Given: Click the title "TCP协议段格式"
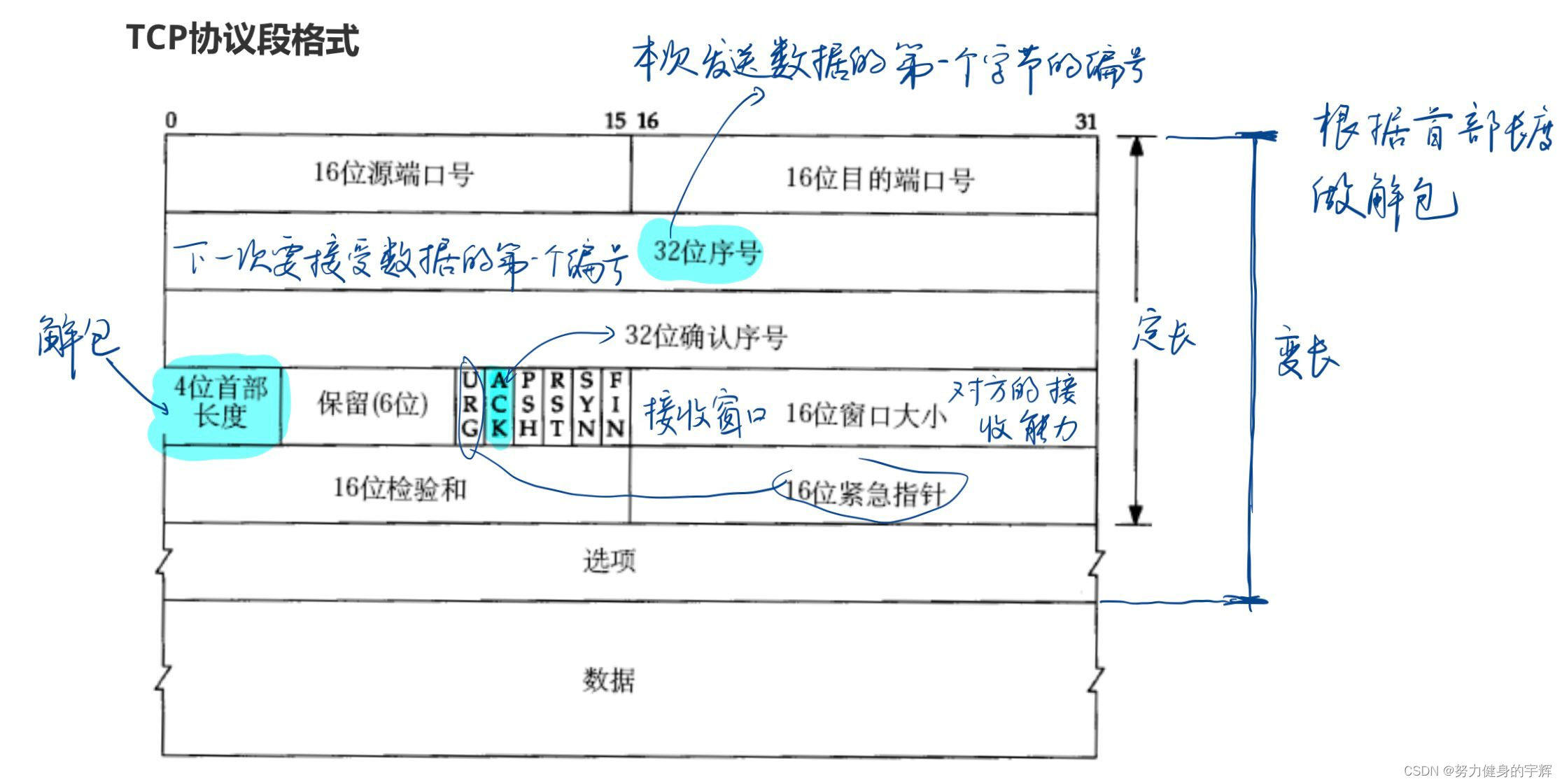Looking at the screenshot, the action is (x=242, y=39).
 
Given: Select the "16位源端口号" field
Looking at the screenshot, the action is (x=393, y=174).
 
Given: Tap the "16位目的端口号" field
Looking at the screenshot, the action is (x=880, y=179).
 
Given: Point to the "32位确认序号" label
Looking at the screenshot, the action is (x=705, y=337).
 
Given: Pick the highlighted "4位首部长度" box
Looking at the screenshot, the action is (x=220, y=403).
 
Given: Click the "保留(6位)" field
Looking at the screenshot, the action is (x=372, y=404).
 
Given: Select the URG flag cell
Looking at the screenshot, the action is (x=470, y=404).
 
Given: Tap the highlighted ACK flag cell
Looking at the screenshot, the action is (x=498, y=404).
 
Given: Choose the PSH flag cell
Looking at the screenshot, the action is (x=528, y=404).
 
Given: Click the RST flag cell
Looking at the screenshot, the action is (x=557, y=404).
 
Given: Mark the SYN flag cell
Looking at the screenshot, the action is (x=586, y=404).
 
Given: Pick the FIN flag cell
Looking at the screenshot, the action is (x=615, y=404).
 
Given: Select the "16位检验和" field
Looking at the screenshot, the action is (x=399, y=489).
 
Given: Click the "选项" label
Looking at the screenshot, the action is (x=609, y=561).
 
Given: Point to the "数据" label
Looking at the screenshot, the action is (x=609, y=680).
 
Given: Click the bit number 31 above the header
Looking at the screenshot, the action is (x=1085, y=122).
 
